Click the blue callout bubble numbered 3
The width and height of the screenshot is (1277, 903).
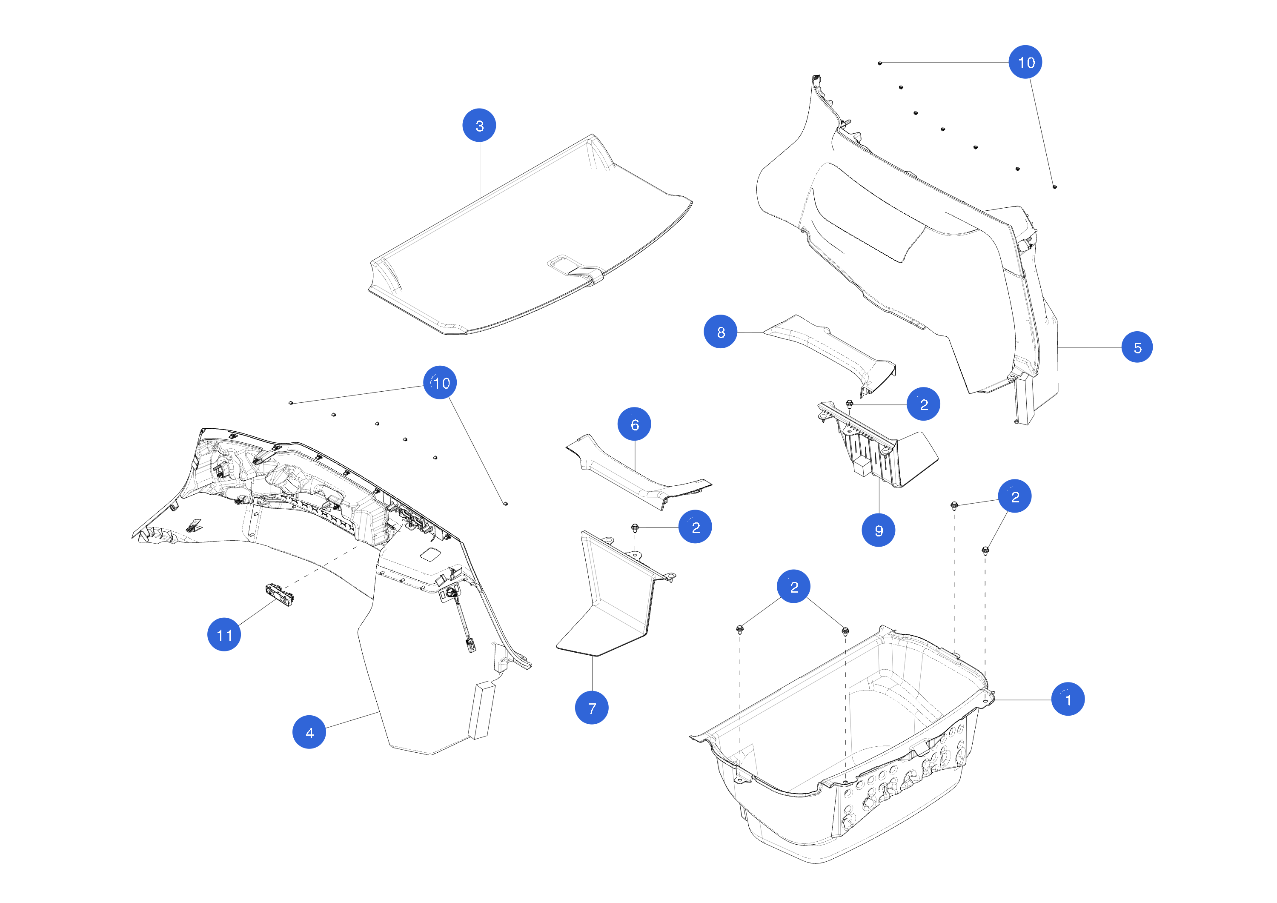tap(479, 125)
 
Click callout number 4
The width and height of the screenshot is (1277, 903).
tap(309, 732)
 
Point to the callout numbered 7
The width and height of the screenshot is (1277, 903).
tap(591, 708)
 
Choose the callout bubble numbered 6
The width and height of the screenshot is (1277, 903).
tap(634, 424)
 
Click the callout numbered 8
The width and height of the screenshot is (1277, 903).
tap(720, 332)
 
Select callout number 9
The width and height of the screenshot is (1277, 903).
tap(878, 530)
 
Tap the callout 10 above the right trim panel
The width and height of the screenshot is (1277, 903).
tap(1025, 62)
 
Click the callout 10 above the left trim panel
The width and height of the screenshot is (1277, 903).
tap(440, 383)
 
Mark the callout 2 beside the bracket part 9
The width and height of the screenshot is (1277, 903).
tap(923, 404)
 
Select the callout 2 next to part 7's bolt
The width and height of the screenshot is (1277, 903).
tap(695, 527)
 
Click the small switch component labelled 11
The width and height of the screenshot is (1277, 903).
tap(280, 594)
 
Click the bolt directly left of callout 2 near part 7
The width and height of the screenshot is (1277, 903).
tap(635, 527)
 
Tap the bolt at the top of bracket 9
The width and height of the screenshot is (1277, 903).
tap(849, 403)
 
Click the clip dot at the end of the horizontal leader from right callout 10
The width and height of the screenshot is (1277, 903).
tap(879, 63)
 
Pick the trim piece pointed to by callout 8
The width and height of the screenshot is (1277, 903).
tap(829, 348)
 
